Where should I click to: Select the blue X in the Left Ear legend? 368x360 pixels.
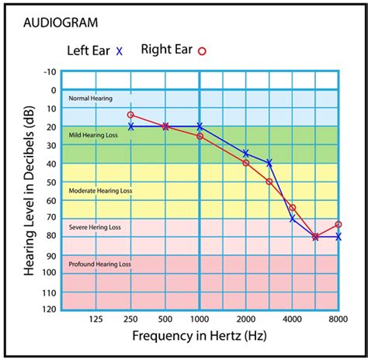[x=119, y=51]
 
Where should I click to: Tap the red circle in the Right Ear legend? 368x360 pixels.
[x=202, y=52]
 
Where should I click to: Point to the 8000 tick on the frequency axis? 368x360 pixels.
[x=338, y=318]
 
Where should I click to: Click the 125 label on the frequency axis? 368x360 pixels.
[x=95, y=318]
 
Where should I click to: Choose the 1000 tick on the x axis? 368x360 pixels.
[x=200, y=318]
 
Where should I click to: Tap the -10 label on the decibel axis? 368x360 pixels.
[x=50, y=71]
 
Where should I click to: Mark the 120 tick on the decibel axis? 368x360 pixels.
[x=49, y=309]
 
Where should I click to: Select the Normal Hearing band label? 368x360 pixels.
[x=90, y=99]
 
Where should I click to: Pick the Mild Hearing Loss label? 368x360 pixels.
[x=94, y=136]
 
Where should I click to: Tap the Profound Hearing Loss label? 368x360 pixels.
[x=99, y=264]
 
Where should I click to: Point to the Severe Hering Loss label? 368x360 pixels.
[x=95, y=227]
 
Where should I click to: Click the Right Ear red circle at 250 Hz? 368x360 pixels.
[x=130, y=115]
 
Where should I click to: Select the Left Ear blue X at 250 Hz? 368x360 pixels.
[x=130, y=126]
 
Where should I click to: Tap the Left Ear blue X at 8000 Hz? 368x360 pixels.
[x=338, y=236]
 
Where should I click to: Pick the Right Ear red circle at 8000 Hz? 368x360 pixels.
[x=338, y=224]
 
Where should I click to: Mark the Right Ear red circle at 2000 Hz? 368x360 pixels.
[x=246, y=163]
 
